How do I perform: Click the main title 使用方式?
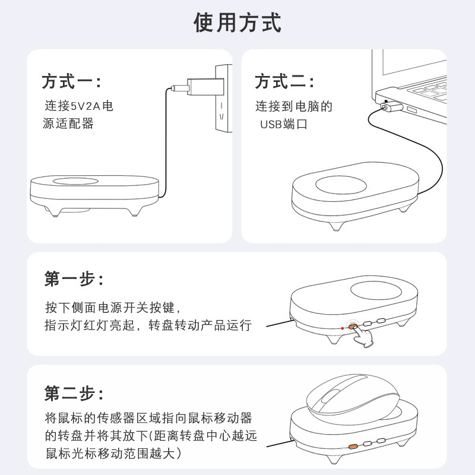[237, 23]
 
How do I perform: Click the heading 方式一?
[71, 81]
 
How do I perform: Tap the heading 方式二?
[284, 81]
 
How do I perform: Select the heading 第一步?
[75, 279]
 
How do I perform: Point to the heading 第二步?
[75, 392]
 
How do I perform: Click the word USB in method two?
[271, 125]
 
